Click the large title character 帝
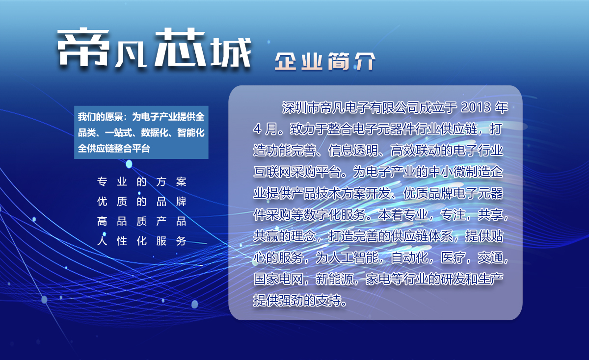tap(83, 47)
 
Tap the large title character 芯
tap(180, 47)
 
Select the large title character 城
tap(231, 52)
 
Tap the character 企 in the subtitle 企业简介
tap(286, 61)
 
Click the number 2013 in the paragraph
tap(476, 107)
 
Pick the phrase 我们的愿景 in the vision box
tap(100, 117)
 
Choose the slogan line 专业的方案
tap(142, 181)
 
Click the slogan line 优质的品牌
tap(142, 202)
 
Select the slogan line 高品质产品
tap(142, 221)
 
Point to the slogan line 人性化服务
tap(142, 241)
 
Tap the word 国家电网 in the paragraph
tap(278, 279)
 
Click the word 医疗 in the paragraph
tap(453, 257)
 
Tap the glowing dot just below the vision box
tap(129, 164)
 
